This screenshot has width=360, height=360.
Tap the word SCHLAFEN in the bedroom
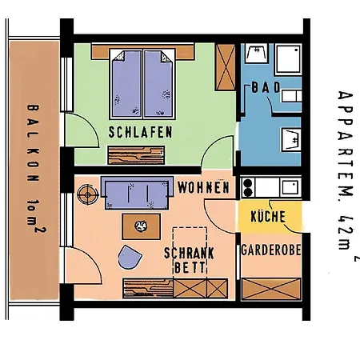(140, 133)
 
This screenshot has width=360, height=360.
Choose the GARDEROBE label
(271, 250)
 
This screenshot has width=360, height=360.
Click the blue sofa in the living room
(137, 193)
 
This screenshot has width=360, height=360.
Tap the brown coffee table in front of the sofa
(142, 226)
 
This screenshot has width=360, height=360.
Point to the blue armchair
(128, 258)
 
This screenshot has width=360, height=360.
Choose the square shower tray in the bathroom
(258, 54)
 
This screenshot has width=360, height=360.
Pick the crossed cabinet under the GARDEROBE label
(271, 287)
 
